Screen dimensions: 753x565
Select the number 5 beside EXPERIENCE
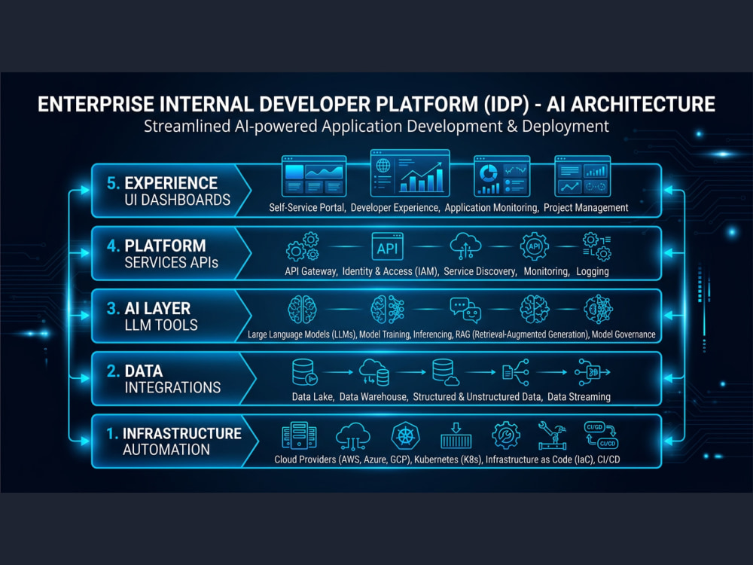click(x=112, y=183)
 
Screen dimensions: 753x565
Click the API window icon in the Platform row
click(x=387, y=246)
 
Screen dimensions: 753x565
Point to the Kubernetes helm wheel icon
click(x=405, y=436)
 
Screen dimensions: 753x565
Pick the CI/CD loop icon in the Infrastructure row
click(x=601, y=435)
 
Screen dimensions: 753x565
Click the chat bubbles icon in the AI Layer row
click(x=465, y=310)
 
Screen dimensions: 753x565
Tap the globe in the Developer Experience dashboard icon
click(x=383, y=165)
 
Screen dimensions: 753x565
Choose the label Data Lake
click(x=312, y=397)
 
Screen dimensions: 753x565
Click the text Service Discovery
click(x=480, y=271)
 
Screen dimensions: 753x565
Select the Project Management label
click(x=586, y=208)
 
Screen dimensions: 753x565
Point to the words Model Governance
click(x=623, y=334)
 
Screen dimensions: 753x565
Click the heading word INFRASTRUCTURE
click(x=182, y=433)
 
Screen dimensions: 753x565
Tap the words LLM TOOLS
click(x=161, y=325)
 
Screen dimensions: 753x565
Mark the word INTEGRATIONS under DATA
click(x=172, y=388)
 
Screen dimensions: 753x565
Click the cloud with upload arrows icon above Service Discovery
click(x=465, y=246)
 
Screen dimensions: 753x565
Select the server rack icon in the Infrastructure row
click(x=299, y=435)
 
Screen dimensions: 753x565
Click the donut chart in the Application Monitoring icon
click(x=489, y=173)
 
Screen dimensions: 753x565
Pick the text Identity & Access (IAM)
click(x=390, y=271)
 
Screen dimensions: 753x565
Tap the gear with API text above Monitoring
click(x=534, y=246)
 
